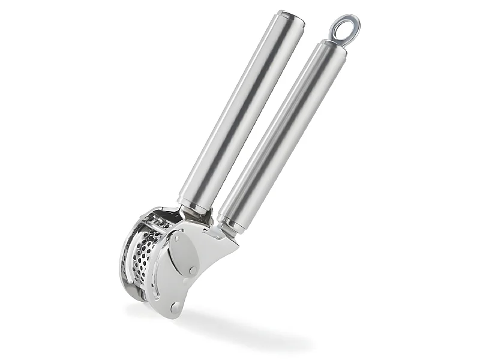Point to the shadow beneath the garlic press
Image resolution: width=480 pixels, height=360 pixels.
point(240,327)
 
